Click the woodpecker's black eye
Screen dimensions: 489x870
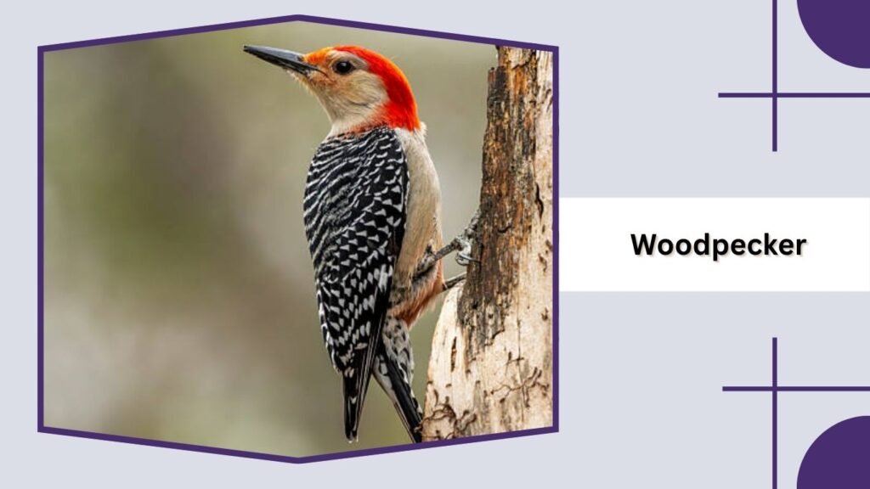click(x=342, y=66)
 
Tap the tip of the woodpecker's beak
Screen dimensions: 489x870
click(x=246, y=48)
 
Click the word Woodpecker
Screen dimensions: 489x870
click(x=718, y=244)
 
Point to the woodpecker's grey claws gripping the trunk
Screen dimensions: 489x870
click(x=461, y=248)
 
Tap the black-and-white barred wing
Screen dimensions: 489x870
click(x=353, y=229)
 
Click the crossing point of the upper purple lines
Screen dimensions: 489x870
click(x=774, y=94)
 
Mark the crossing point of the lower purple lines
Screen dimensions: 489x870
click(x=774, y=389)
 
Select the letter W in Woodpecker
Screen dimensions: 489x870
click(x=643, y=244)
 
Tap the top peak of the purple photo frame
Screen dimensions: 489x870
click(x=297, y=17)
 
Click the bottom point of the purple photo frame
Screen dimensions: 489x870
click(x=297, y=459)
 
